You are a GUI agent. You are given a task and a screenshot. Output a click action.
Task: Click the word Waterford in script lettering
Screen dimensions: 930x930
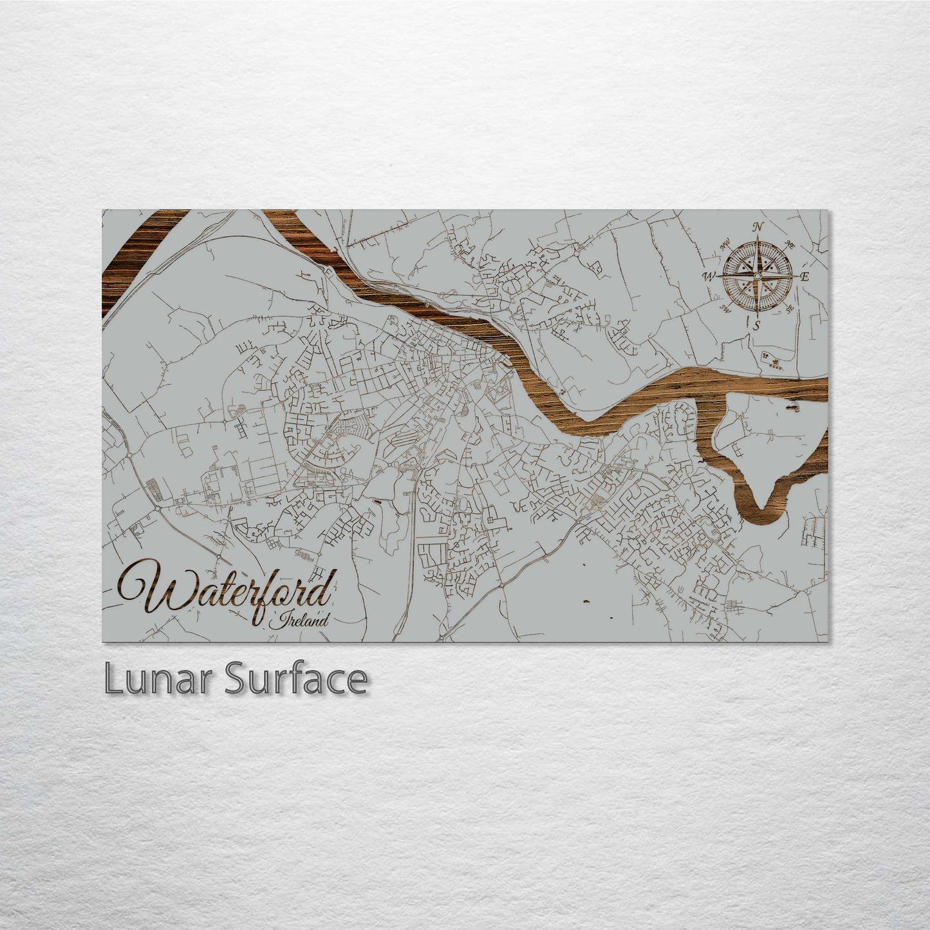225,591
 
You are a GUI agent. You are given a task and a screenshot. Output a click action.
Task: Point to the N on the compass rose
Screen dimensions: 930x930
758,227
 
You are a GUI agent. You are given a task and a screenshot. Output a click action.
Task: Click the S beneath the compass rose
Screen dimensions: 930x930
757,326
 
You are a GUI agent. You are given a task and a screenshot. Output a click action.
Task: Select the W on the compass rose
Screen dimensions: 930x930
708,277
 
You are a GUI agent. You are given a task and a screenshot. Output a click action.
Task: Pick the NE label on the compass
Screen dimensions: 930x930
789,245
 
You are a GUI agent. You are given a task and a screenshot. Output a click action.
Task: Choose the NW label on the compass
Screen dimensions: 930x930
725,244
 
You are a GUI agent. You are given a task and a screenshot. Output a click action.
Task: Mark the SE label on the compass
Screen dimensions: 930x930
790,308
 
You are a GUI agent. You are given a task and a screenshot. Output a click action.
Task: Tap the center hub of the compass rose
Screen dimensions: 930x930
758,276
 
